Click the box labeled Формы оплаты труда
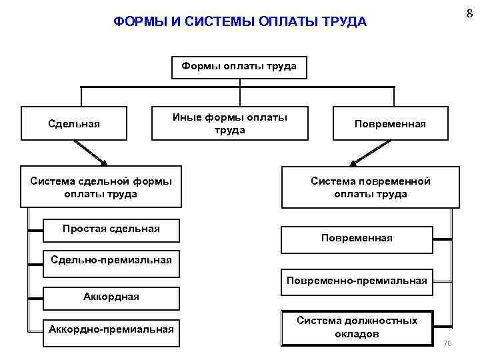click(x=239, y=67)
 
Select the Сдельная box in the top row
click(x=74, y=123)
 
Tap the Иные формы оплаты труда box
click(x=230, y=123)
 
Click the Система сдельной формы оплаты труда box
click(x=101, y=187)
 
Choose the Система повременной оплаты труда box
click(x=371, y=187)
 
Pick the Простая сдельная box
click(x=111, y=229)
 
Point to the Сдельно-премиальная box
click(x=111, y=260)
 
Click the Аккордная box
click(x=111, y=297)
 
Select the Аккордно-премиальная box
click(x=111, y=328)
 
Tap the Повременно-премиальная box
click(x=357, y=281)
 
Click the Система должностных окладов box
click(x=357, y=327)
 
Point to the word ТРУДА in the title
click(x=344, y=22)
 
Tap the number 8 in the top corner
click(x=469, y=12)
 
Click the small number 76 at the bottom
click(x=447, y=343)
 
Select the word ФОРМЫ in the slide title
click(x=137, y=22)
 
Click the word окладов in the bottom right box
click(x=357, y=334)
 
